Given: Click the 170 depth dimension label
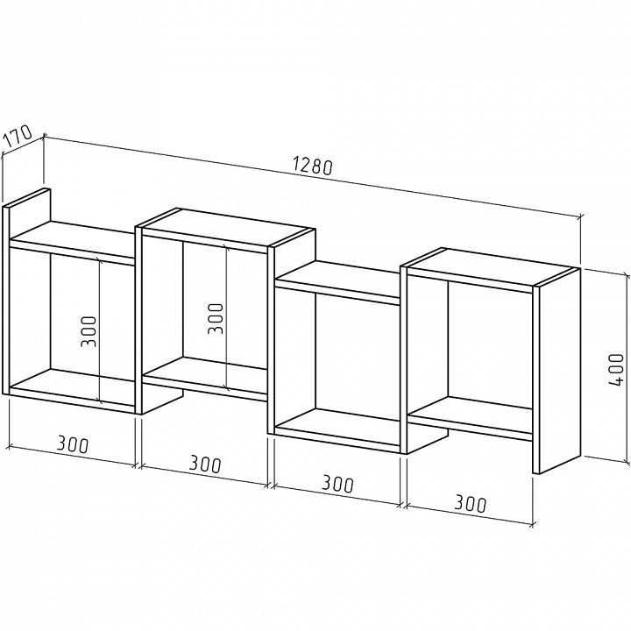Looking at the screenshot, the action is tap(18, 136).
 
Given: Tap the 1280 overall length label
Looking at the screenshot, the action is tap(313, 166).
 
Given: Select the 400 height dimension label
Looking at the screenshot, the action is tap(616, 370).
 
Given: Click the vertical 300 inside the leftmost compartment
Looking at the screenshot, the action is tap(89, 331).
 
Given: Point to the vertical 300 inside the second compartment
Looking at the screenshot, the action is tap(216, 318).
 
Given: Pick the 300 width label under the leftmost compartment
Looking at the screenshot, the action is tap(73, 444).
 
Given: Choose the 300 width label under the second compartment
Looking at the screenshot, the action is tap(206, 464).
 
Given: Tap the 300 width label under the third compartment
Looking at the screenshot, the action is tap(338, 484).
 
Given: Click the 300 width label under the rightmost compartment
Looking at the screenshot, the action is tap(471, 503).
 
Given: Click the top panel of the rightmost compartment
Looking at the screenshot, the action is tap(490, 266).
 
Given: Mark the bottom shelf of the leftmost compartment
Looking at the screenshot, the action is tap(73, 389).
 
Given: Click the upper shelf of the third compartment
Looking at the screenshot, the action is tap(337, 281).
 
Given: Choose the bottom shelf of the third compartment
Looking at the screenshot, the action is tap(337, 429).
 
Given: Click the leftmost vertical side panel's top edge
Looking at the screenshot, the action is tap(26, 197).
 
